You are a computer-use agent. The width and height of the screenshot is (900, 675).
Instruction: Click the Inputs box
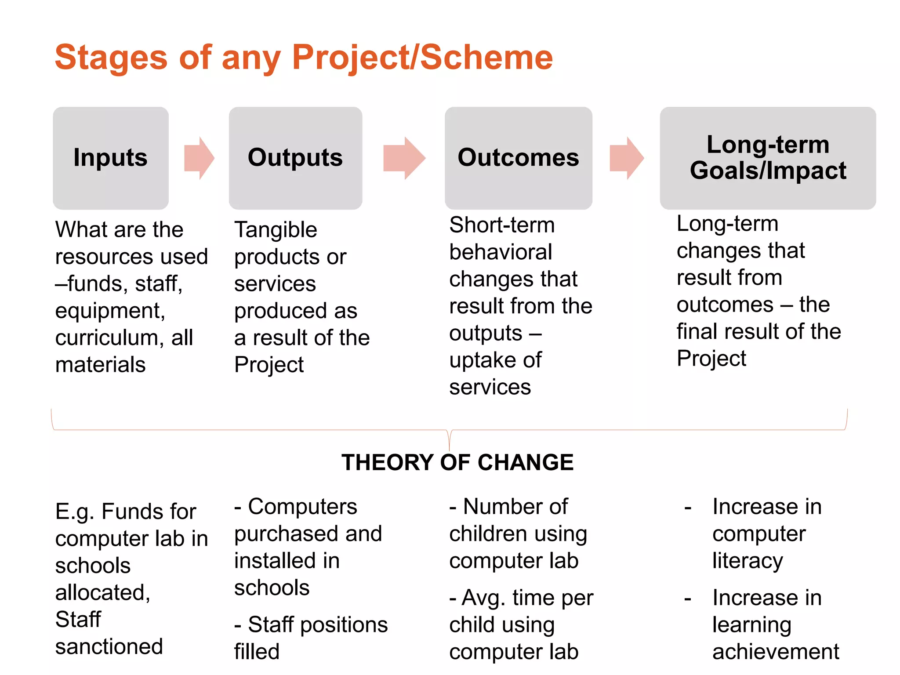(111, 158)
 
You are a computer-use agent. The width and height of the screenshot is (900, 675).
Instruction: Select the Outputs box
(295, 158)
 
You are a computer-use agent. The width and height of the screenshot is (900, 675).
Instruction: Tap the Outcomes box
(518, 158)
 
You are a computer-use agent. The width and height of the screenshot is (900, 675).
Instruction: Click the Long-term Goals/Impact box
(768, 158)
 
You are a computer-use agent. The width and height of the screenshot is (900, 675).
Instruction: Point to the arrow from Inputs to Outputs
(199, 158)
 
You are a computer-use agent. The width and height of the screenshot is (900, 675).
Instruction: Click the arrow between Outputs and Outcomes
(404, 158)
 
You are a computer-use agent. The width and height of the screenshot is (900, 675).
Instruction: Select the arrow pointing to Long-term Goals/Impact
(626, 158)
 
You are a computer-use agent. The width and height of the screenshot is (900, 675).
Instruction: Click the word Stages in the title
(111, 58)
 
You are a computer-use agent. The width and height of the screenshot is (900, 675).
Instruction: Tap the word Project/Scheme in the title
(422, 58)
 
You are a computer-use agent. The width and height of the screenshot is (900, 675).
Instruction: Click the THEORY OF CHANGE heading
(457, 462)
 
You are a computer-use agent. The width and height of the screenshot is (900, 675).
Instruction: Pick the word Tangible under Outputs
(276, 230)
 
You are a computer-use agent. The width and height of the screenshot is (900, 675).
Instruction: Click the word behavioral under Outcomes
(501, 252)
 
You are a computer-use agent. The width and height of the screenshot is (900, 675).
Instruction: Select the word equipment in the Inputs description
(110, 311)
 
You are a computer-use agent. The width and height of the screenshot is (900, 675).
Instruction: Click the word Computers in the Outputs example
(302, 507)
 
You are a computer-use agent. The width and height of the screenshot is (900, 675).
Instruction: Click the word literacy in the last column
(748, 561)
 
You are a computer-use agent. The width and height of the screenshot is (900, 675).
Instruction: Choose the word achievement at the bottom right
(776, 652)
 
